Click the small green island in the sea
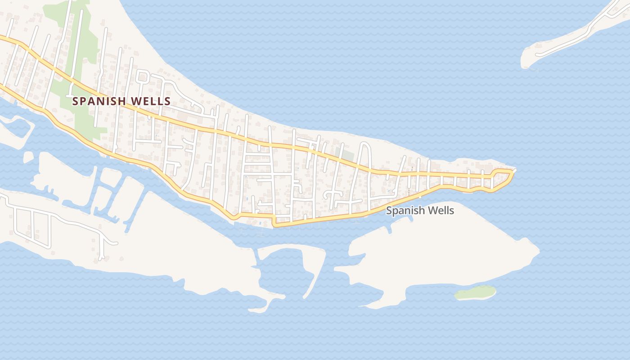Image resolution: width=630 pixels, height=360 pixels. [x=475, y=292]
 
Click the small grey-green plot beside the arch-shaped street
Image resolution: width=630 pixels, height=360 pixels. [x=345, y=154]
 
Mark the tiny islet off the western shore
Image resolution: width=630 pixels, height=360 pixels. [x=28, y=157]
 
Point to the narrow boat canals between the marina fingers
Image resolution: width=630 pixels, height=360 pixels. [x=108, y=189]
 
